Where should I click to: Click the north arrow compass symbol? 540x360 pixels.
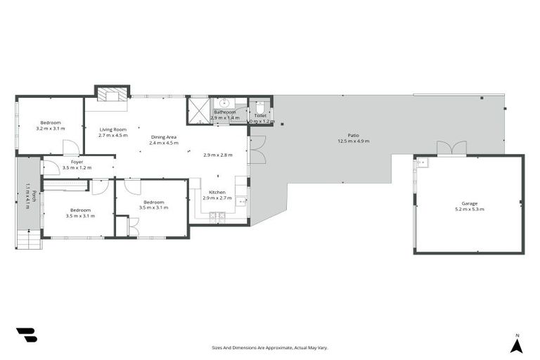tap(517, 345)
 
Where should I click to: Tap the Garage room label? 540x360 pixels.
tap(469, 204)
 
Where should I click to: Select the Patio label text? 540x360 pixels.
tap(353, 136)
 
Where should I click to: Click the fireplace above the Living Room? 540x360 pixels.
tap(112, 96)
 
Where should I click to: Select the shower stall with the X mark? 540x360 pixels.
tap(199, 112)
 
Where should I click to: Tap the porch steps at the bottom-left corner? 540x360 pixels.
tap(29, 242)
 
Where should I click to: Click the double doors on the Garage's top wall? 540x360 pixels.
tap(451, 148)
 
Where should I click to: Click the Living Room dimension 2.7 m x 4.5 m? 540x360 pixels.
tap(112, 135)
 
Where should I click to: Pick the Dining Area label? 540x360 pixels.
tap(162, 137)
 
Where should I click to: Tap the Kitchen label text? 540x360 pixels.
tap(217, 192)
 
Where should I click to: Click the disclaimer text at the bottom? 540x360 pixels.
tap(270, 347)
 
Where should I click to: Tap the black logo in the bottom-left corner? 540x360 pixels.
tap(26, 335)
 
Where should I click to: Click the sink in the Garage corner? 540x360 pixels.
tap(421, 163)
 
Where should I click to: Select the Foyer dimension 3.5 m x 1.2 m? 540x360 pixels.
tap(77, 168)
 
